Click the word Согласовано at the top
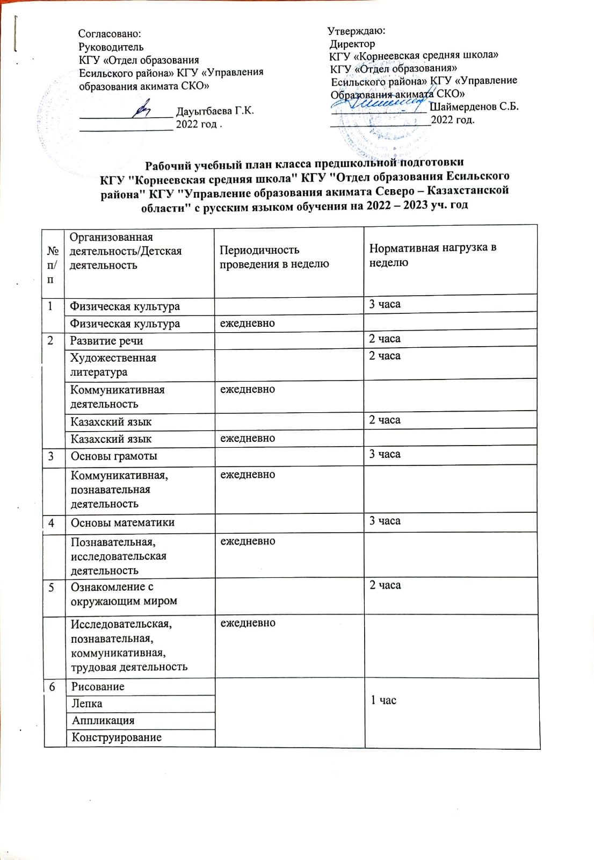pos(110,33)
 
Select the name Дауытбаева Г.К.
pos(215,111)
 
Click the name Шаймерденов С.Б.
pos(474,106)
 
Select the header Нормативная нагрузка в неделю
pos(432,255)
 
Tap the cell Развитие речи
pos(106,341)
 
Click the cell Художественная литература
pos(113,365)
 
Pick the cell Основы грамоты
pos(114,456)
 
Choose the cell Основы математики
pos(122,522)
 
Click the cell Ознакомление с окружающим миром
pos(124,594)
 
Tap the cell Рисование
pos(97,686)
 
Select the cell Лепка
pos(86,704)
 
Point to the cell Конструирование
pos(117,737)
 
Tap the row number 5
pos(51,587)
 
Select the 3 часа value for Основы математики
pos(385,521)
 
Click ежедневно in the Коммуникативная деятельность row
pos(248,389)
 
